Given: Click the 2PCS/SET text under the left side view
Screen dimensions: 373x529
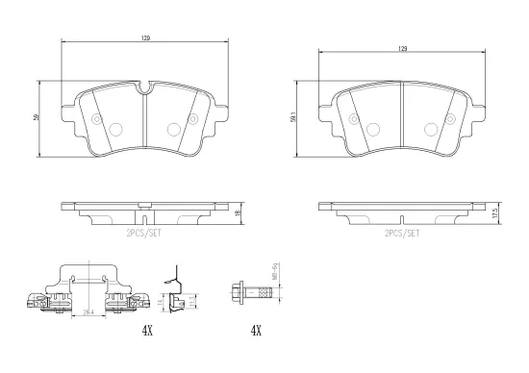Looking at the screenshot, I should pos(144,234).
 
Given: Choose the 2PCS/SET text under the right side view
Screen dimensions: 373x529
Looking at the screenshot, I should pos(401,234).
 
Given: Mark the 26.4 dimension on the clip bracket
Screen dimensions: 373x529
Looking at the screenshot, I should pos(88,311).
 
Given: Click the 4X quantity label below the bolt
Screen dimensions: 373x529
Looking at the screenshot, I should pos(256,330).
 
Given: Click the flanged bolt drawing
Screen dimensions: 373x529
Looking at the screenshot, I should pos(247,289).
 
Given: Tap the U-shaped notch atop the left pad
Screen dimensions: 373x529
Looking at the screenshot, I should pos(144,92).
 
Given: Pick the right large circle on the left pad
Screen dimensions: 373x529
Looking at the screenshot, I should pos(174,129).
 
